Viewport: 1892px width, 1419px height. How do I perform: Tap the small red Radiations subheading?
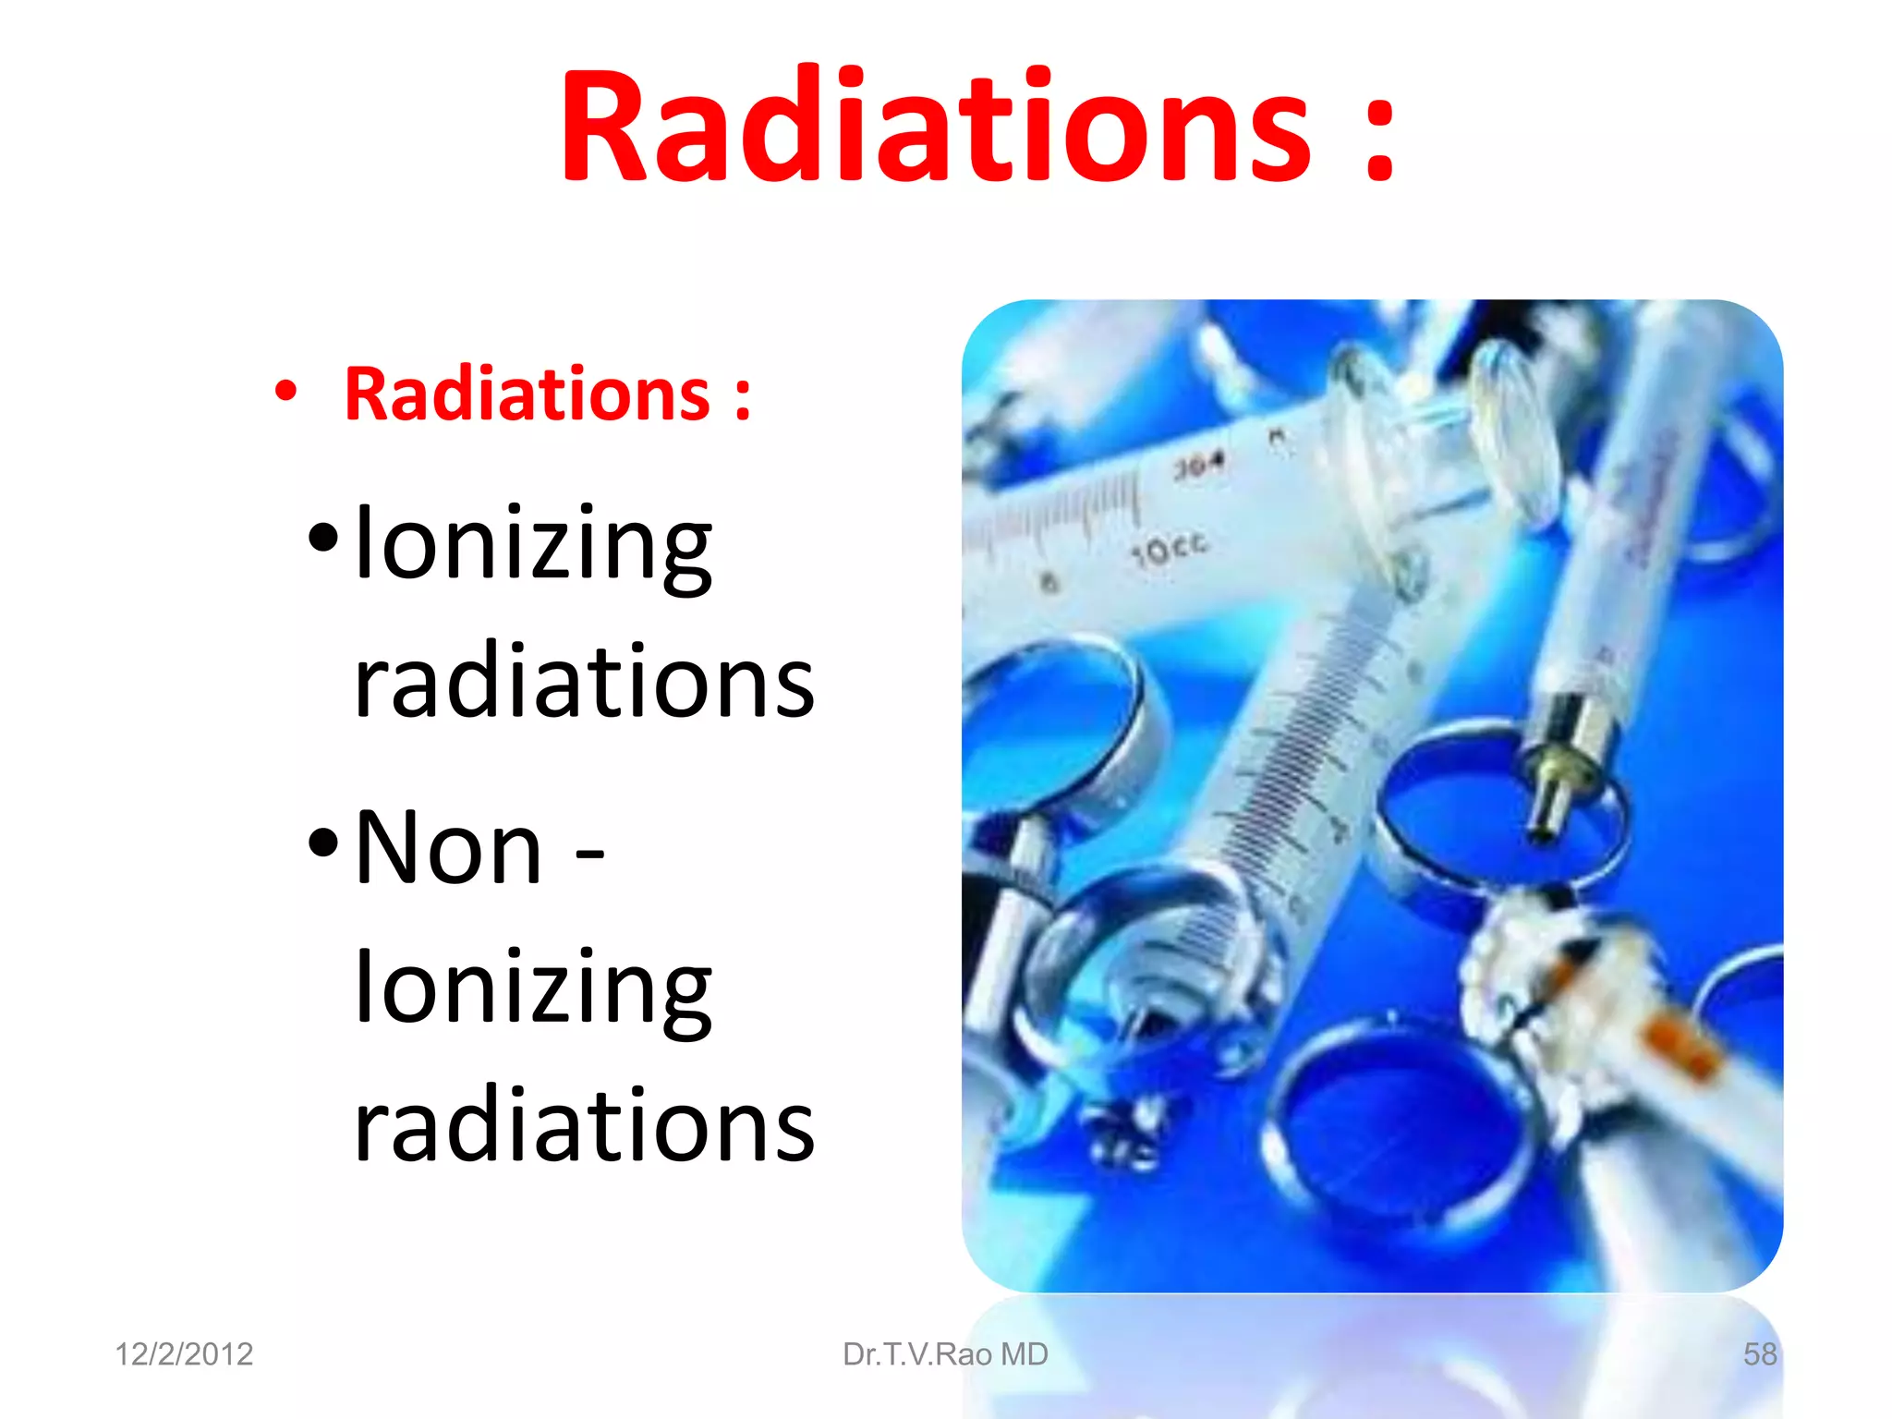pos(527,394)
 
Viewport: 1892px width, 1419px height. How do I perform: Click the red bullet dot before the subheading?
pos(285,391)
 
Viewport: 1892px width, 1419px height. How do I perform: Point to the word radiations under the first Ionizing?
pos(584,681)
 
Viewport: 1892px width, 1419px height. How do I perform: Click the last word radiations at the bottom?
pos(584,1124)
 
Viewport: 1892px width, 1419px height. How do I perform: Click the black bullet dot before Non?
pos(323,842)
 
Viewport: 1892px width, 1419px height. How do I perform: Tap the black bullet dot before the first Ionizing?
pos(323,537)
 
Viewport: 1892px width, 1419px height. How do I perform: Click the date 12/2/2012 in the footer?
pos(184,1354)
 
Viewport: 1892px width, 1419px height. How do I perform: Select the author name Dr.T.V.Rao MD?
pos(945,1354)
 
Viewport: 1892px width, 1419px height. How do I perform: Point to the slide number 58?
pos(1759,1354)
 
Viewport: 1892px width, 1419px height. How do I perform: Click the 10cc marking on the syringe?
pos(1170,549)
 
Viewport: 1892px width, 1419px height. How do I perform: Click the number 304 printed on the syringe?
pos(1199,465)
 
